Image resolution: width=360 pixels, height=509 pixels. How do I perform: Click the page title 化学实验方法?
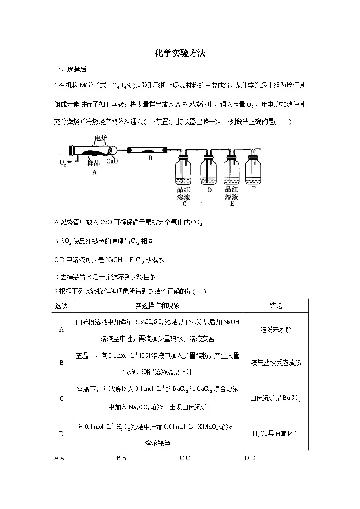point(180,53)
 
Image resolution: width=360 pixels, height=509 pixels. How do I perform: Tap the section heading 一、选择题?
point(70,69)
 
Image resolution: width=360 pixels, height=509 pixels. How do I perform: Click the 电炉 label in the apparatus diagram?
point(101,137)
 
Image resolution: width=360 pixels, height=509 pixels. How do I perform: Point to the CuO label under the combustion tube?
point(112,161)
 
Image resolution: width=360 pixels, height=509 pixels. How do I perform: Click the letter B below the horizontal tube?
point(151,159)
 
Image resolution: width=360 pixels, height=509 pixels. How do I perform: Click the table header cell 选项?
point(62,305)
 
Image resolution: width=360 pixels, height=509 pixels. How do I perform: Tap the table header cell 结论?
point(275,305)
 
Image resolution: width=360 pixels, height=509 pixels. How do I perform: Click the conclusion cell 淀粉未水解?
point(275,330)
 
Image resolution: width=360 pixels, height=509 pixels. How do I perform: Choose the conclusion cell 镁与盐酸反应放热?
point(275,363)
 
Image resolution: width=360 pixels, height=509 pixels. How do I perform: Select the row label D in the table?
point(62,434)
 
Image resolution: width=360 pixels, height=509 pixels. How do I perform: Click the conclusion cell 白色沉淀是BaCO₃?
point(275,398)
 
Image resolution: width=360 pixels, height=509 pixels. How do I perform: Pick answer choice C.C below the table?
point(185,458)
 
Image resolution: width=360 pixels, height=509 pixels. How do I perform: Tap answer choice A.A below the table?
point(59,458)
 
